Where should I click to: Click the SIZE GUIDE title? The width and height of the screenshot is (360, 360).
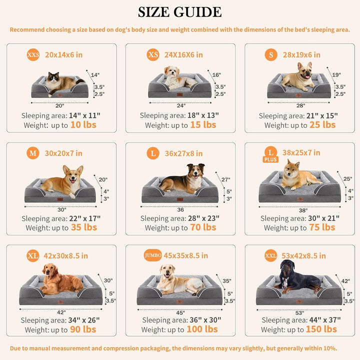pos(179,12)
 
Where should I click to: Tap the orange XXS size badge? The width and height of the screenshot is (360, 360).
pos(33,54)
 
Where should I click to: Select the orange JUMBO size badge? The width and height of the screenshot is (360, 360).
pos(152,255)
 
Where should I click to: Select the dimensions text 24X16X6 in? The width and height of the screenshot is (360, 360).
pos(183,54)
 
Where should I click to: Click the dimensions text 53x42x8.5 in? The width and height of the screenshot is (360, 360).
pos(303,255)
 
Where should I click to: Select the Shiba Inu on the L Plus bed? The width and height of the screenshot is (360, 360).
pos(299,175)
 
